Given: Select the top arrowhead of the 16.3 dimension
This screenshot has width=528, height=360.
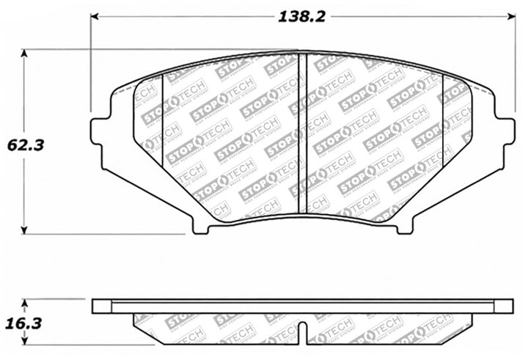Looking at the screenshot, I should coord(26,302).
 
